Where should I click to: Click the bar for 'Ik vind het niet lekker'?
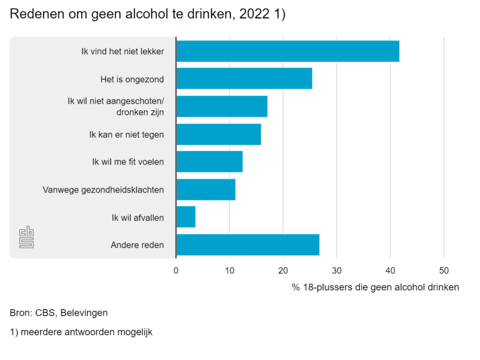(287, 51)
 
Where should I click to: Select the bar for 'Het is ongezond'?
(244, 79)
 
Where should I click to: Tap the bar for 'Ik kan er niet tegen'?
(218, 134)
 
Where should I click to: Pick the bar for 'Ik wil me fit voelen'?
(209, 162)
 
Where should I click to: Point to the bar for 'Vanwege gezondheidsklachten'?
(205, 190)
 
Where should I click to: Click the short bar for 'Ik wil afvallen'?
(186, 217)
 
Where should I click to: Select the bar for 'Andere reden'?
(247, 245)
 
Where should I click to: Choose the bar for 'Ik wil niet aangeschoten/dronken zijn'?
(221, 106)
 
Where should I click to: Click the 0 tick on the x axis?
(176, 270)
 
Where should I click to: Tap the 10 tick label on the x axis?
(230, 270)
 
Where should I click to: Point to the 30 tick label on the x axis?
(337, 270)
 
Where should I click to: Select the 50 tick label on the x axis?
(444, 270)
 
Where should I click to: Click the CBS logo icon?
(26, 237)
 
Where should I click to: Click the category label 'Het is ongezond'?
(132, 80)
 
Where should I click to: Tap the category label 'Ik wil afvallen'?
(137, 218)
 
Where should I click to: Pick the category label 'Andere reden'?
(137, 245)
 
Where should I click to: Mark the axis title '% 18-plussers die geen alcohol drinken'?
(375, 287)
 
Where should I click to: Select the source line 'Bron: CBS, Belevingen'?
(59, 313)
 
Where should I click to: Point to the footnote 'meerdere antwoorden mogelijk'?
(86, 332)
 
